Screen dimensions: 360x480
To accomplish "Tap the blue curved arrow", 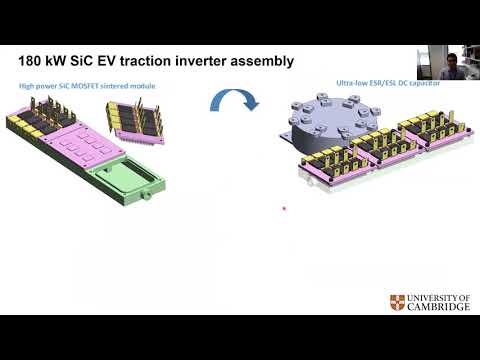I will tap(233, 99).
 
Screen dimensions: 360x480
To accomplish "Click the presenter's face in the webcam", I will tap(452, 57).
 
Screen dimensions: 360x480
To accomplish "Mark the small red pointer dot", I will tap(284, 209).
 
